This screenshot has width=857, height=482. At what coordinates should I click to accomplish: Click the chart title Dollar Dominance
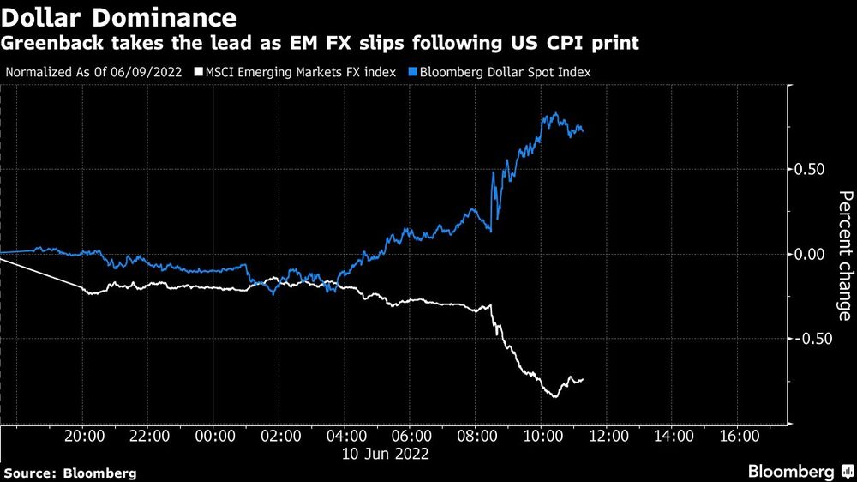pyautogui.click(x=120, y=16)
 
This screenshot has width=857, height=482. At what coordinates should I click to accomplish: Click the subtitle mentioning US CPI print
pyautogui.click(x=318, y=42)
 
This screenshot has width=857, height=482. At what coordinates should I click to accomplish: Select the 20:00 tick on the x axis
pyautogui.click(x=84, y=436)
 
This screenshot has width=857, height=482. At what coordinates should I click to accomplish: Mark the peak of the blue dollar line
pyautogui.click(x=555, y=113)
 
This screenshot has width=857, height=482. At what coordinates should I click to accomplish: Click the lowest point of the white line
pyautogui.click(x=554, y=397)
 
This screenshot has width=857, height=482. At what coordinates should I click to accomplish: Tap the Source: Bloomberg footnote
pyautogui.click(x=70, y=473)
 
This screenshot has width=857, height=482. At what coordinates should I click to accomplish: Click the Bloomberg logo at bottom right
pyautogui.click(x=799, y=471)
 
